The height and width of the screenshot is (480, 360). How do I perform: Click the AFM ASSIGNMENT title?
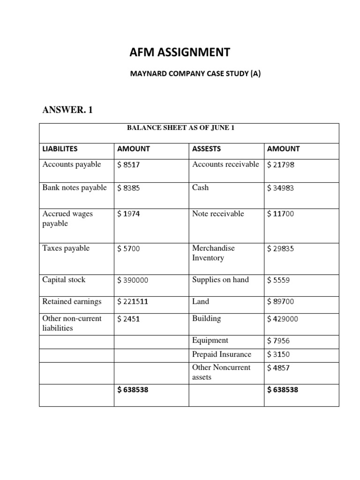click(x=180, y=52)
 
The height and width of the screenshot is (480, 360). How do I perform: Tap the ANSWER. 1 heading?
click(x=68, y=110)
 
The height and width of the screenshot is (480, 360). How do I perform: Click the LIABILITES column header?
click(x=60, y=149)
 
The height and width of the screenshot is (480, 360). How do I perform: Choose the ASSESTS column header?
click(x=206, y=149)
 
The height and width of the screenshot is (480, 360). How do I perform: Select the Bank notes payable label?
click(x=75, y=187)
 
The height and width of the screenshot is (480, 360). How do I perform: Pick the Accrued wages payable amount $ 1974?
click(x=128, y=214)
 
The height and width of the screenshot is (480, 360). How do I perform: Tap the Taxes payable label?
click(x=66, y=248)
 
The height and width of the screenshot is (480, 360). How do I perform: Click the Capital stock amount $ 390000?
click(x=133, y=280)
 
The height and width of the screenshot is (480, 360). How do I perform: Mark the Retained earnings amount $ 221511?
click(x=133, y=302)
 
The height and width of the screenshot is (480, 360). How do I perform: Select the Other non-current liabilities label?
click(x=72, y=323)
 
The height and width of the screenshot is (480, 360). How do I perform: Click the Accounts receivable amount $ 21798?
click(x=281, y=165)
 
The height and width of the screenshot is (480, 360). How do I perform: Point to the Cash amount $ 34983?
click(x=281, y=188)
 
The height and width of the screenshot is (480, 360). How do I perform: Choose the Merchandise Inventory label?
click(x=213, y=253)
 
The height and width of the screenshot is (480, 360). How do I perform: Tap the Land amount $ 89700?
click(x=281, y=302)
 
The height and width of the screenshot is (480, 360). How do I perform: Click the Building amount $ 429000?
click(x=283, y=319)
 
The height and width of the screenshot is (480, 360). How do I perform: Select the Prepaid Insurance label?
click(x=222, y=354)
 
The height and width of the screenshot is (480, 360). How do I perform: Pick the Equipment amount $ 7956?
click(x=278, y=341)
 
